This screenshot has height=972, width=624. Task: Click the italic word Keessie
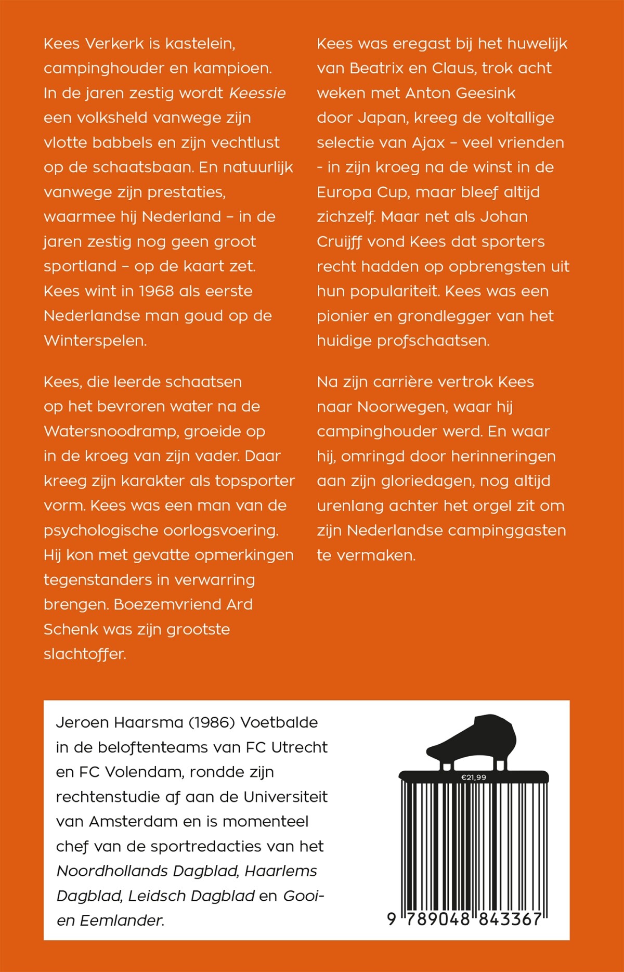click(257, 93)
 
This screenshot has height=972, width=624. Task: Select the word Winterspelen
click(95, 341)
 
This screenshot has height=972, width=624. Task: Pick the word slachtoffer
click(85, 654)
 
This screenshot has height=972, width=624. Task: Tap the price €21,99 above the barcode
click(474, 777)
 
